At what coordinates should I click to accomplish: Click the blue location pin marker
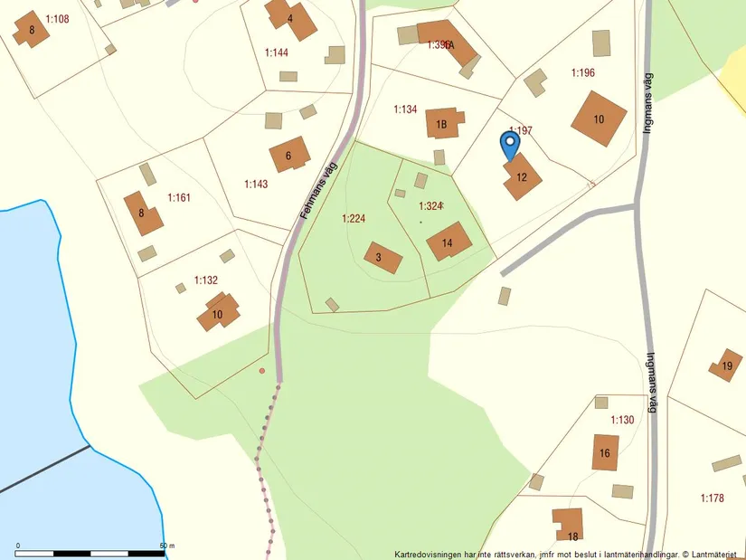(x=510, y=145)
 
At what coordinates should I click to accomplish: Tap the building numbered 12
(x=522, y=176)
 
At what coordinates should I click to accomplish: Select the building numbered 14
(x=449, y=241)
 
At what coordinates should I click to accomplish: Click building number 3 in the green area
(x=382, y=257)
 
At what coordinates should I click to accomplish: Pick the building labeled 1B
(x=442, y=122)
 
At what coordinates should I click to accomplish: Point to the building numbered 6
(x=289, y=155)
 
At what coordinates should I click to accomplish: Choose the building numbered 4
(x=290, y=19)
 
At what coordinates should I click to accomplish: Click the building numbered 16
(x=605, y=452)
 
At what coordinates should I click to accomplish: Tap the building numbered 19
(x=725, y=365)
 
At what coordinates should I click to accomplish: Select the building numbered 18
(x=570, y=525)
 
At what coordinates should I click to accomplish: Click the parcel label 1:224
(x=354, y=218)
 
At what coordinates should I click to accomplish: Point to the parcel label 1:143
(x=256, y=184)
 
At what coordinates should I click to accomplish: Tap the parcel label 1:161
(x=179, y=196)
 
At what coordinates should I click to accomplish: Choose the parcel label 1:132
(x=206, y=280)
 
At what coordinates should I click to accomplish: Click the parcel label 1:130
(x=622, y=420)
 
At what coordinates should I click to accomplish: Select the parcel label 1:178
(x=713, y=498)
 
